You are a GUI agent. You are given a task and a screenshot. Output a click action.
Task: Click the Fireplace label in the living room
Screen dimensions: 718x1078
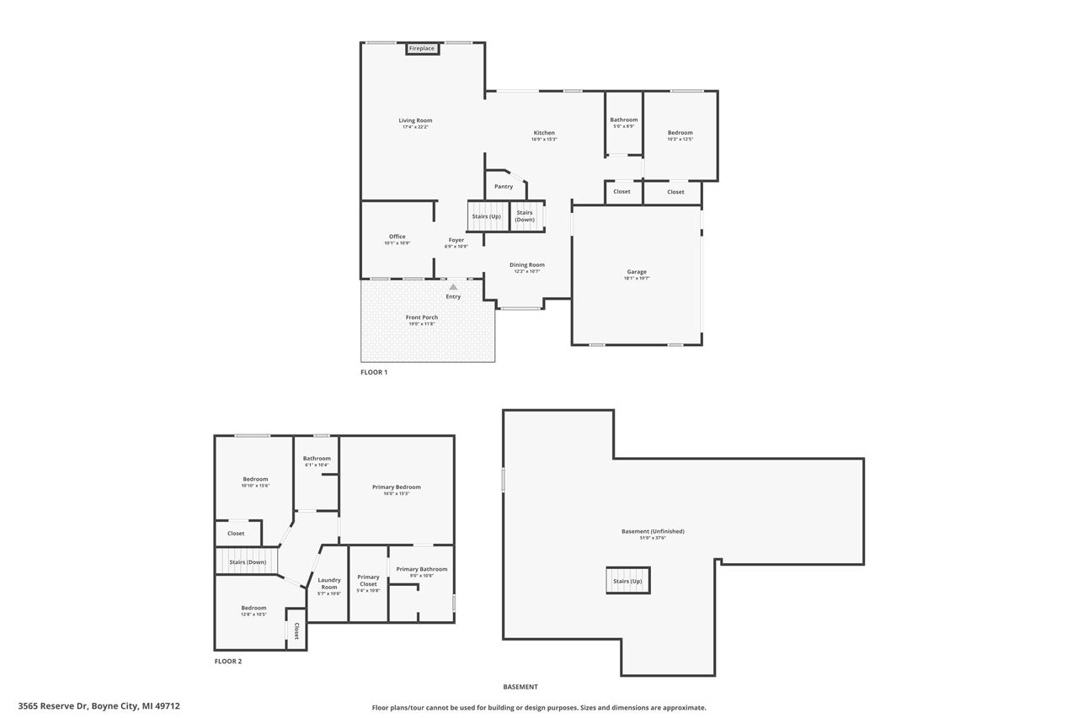[422, 49]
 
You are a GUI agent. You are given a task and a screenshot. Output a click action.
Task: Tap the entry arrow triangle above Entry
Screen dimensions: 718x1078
[453, 287]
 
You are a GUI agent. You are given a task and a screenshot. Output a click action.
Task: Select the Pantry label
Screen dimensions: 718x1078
[504, 187]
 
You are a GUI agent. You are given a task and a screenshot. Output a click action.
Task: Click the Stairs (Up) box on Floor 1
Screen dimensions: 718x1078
[487, 216]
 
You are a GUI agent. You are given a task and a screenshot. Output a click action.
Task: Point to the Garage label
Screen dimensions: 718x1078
[637, 272]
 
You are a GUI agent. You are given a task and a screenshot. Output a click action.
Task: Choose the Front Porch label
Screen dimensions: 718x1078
[422, 317]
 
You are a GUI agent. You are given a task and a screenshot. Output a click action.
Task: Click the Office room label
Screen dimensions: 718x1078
[398, 237]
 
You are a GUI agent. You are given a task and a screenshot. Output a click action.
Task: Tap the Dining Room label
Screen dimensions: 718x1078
[527, 265]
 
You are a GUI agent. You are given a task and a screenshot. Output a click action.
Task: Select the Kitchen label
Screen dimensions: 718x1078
[544, 133]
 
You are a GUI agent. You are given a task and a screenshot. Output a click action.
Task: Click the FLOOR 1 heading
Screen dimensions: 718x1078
[374, 372]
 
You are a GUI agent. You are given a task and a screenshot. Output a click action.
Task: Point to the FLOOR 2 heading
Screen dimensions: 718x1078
[228, 662]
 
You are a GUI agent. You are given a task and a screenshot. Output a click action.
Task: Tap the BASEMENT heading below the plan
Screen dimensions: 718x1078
[520, 687]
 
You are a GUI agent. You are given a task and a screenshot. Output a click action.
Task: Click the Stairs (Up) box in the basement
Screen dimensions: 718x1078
[627, 581]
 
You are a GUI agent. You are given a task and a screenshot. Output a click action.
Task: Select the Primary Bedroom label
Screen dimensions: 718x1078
[397, 487]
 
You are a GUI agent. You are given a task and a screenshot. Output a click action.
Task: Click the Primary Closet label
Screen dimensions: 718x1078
[368, 580]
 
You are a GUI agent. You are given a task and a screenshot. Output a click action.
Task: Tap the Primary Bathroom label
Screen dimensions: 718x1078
[421, 570]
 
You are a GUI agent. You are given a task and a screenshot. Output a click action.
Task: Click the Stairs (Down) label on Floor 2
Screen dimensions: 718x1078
[248, 561]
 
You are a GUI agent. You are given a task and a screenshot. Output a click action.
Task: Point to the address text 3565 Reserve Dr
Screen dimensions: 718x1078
[99, 706]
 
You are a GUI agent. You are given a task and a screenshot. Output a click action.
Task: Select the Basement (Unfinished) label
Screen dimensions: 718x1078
[653, 531]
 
